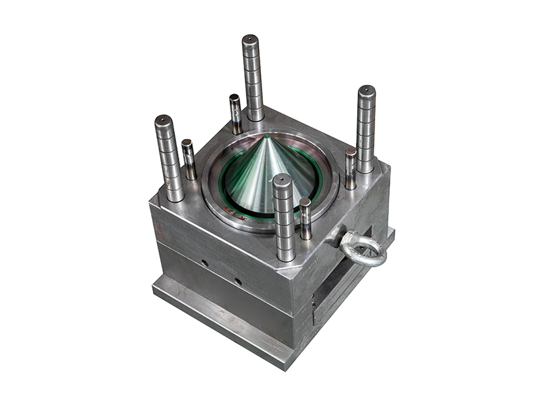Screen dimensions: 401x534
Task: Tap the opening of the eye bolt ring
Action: pos(364,249)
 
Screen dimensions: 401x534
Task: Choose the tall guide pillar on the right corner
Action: pos(366,130)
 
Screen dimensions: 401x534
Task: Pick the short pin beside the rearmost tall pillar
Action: pos(235,114)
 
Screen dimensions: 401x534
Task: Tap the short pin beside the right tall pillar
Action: pos(350,168)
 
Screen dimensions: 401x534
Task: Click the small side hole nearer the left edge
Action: pos(204,263)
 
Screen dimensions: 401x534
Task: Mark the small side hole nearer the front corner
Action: pos(238,281)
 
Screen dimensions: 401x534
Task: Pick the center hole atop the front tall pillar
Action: pos(283,178)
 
